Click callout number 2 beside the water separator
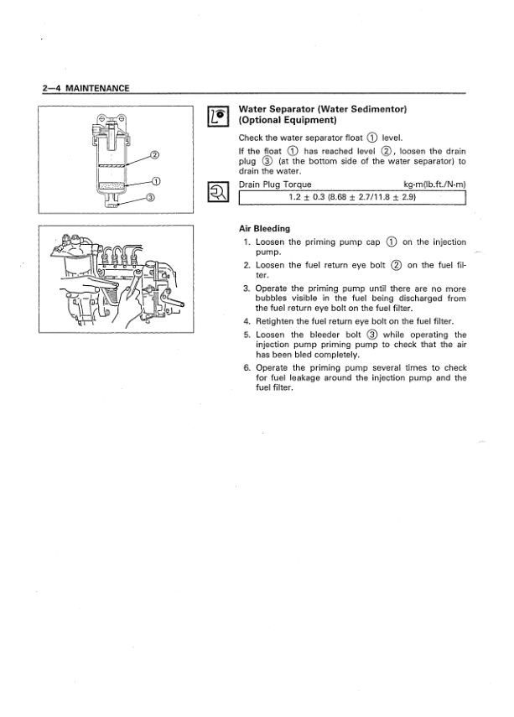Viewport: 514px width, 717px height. (153, 155)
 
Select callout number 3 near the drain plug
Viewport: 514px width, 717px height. (150, 198)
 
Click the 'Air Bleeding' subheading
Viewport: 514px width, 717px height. (265, 228)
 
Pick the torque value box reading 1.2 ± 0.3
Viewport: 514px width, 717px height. (352, 197)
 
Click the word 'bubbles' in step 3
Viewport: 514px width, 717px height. (274, 298)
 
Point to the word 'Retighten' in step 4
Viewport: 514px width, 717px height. (279, 320)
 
